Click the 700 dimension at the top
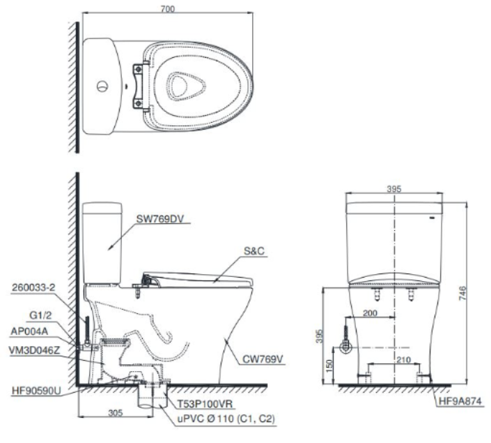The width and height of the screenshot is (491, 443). (167, 8)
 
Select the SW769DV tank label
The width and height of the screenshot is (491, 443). (160, 218)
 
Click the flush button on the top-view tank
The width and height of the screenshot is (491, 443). (102, 87)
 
